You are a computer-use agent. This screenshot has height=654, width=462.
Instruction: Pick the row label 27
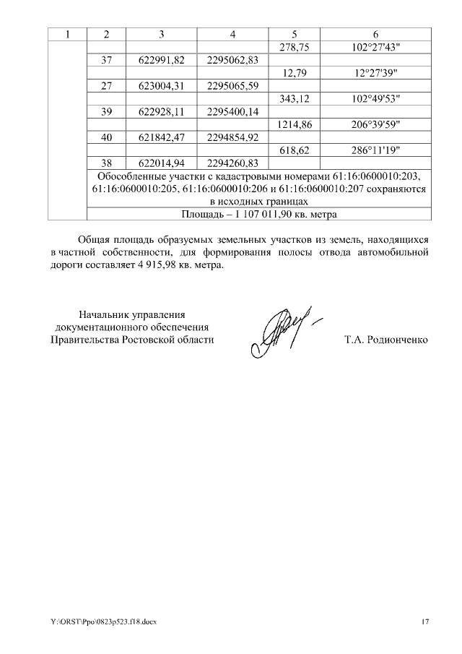(106, 86)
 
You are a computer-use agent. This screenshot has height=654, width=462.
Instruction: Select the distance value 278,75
(295, 48)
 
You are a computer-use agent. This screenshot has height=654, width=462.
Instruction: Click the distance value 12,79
(295, 73)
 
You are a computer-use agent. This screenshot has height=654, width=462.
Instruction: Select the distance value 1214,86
(295, 124)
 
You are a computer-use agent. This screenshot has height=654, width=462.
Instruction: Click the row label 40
(106, 137)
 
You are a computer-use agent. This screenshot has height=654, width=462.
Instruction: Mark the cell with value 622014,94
(162, 163)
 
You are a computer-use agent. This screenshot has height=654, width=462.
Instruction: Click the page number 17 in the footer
(425, 621)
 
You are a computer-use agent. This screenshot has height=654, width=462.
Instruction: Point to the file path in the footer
(103, 621)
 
